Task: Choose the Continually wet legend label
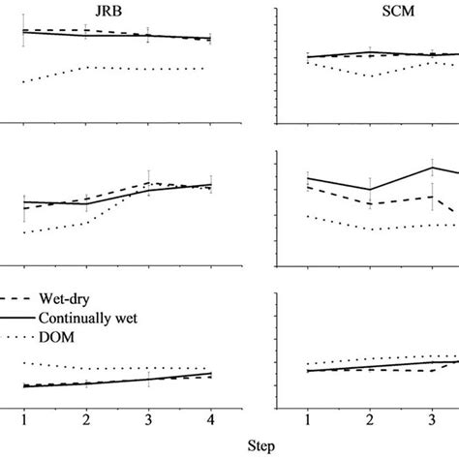[x=92, y=318]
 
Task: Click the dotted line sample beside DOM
[x=12, y=336]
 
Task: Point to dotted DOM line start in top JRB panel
[x=24, y=81]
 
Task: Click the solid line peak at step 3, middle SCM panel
[x=431, y=167]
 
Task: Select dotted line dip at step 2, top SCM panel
[x=369, y=76]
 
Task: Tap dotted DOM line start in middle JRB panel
[x=24, y=232]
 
